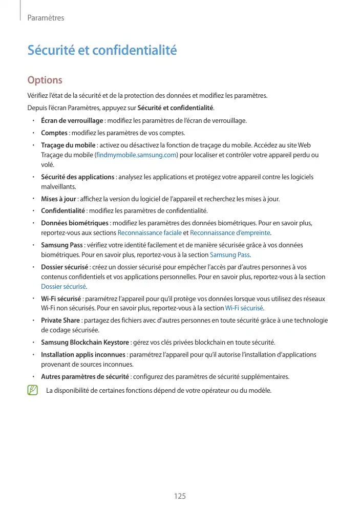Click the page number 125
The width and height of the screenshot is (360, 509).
click(179, 496)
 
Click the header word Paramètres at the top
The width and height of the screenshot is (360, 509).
click(46, 18)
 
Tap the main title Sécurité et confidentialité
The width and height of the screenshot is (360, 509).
click(102, 51)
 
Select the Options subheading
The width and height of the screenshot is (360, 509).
click(45, 80)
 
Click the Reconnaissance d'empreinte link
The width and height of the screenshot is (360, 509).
click(230, 232)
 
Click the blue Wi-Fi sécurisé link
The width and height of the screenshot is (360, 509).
click(244, 308)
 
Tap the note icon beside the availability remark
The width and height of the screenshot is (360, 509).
click(33, 391)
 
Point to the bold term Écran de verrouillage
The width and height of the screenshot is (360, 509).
click(72, 121)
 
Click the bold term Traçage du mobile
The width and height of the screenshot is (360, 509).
click(68, 145)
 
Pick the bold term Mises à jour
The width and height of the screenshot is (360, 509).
click(58, 199)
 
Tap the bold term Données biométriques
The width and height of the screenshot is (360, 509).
click(75, 223)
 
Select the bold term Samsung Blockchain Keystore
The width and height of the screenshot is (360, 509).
click(85, 342)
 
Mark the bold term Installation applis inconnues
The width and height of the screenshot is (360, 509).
click(83, 354)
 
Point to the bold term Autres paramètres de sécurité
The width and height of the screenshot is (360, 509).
click(85, 377)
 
